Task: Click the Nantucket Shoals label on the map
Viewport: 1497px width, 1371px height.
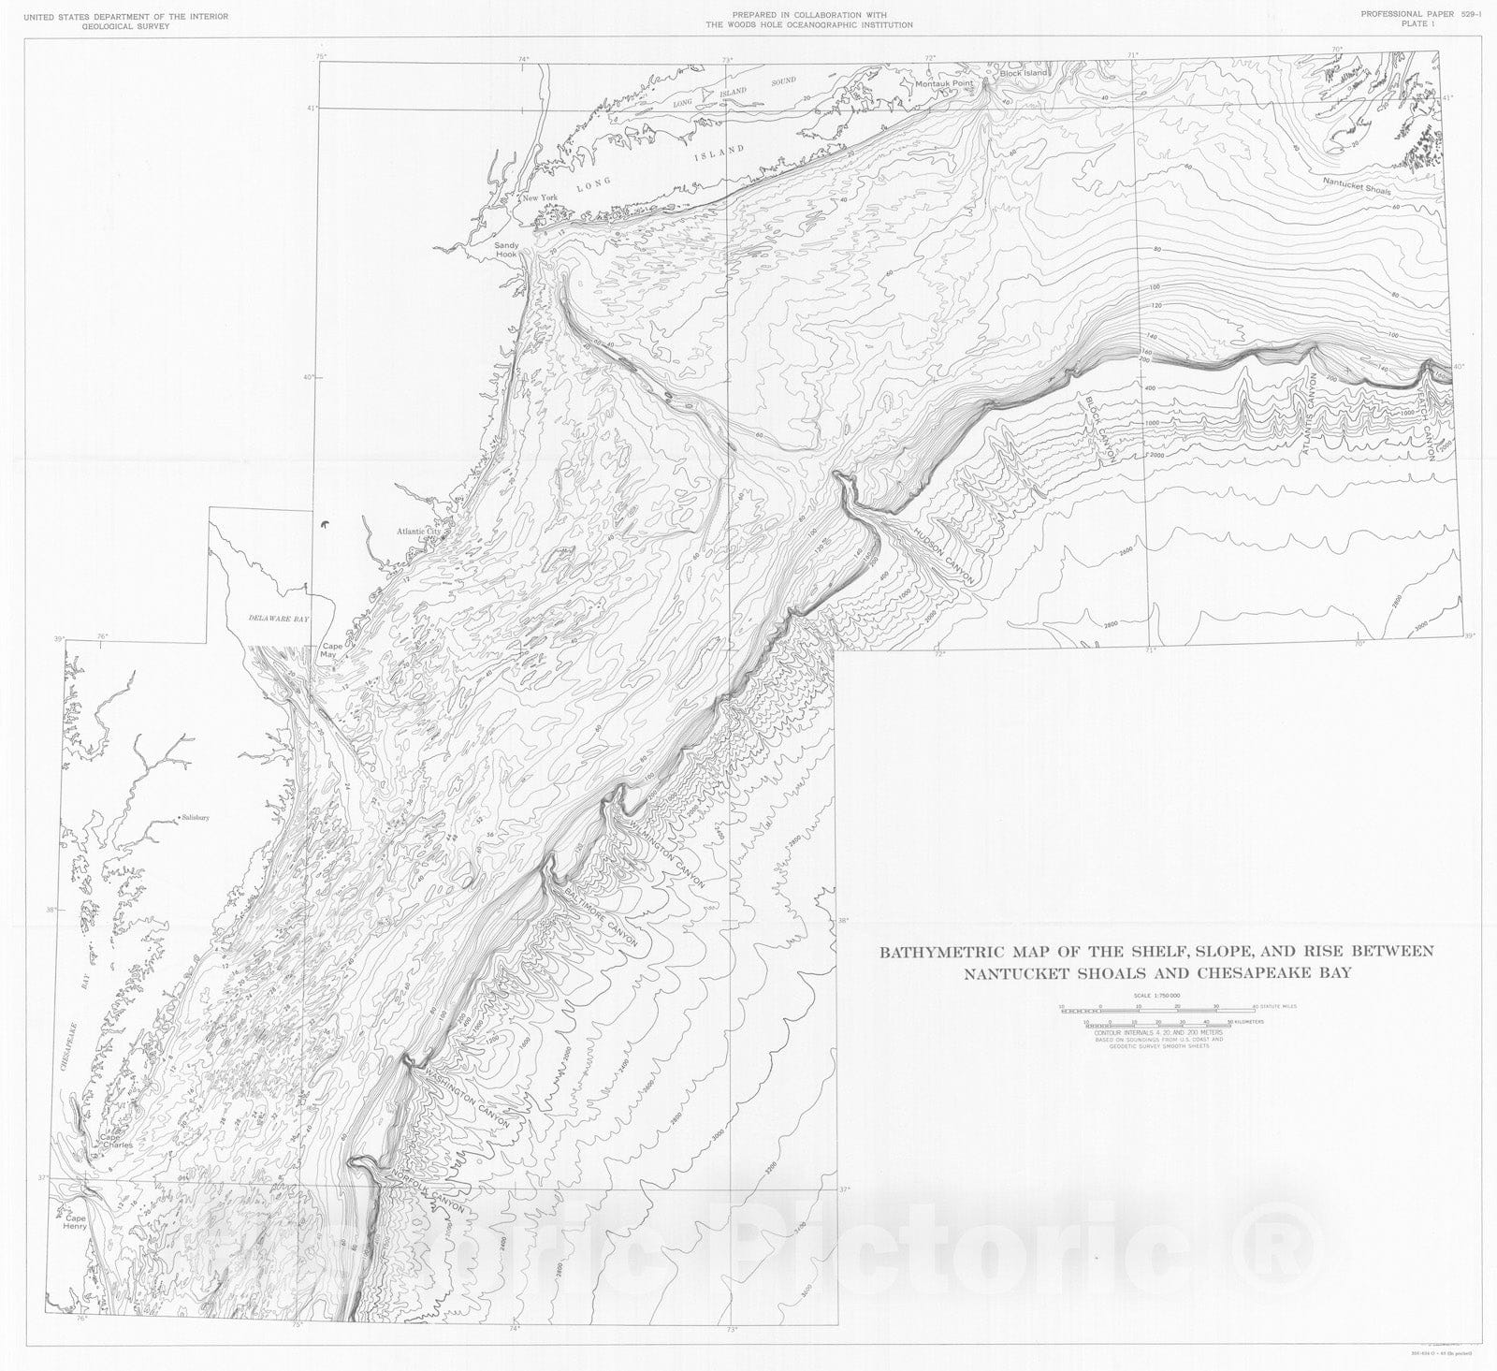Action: tap(1356, 185)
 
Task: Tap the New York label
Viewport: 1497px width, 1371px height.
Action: tap(540, 198)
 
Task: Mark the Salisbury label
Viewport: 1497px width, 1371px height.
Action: tap(196, 818)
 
